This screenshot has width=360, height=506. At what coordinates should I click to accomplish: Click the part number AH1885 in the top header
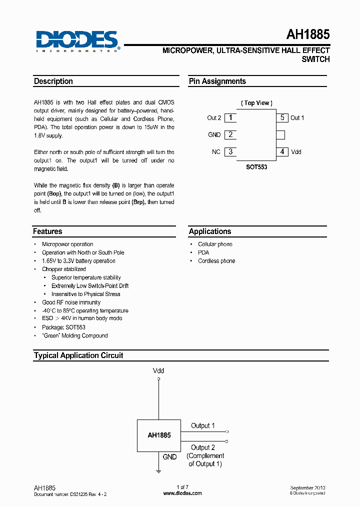(x=307, y=35)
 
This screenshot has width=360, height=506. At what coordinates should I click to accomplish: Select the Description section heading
(x=53, y=81)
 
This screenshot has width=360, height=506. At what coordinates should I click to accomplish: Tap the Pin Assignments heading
(x=217, y=81)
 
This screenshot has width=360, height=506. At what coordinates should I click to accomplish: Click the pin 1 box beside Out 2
(x=230, y=118)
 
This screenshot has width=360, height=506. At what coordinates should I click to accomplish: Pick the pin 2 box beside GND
(x=230, y=134)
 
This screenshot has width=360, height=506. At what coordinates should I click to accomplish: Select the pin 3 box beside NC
(x=230, y=151)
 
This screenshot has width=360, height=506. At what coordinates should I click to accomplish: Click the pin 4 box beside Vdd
(x=282, y=151)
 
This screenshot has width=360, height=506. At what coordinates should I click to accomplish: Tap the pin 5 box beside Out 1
(x=282, y=118)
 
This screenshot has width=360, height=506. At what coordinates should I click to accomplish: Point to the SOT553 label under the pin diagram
(x=256, y=167)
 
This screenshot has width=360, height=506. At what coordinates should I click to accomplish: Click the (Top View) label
(x=256, y=103)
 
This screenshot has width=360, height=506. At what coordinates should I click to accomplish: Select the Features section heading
(x=48, y=231)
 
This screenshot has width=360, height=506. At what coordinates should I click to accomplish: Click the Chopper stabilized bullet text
(x=63, y=269)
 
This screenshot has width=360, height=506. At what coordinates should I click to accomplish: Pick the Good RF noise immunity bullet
(x=71, y=302)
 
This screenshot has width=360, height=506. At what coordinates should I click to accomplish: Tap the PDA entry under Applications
(x=203, y=252)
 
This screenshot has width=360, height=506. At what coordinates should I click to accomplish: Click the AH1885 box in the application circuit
(x=159, y=435)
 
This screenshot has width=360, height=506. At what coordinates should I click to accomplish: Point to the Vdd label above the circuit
(x=158, y=371)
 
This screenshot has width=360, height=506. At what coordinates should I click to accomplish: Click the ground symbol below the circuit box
(x=158, y=470)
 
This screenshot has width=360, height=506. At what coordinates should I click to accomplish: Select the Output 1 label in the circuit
(x=202, y=426)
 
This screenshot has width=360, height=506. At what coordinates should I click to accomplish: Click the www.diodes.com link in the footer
(x=182, y=493)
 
